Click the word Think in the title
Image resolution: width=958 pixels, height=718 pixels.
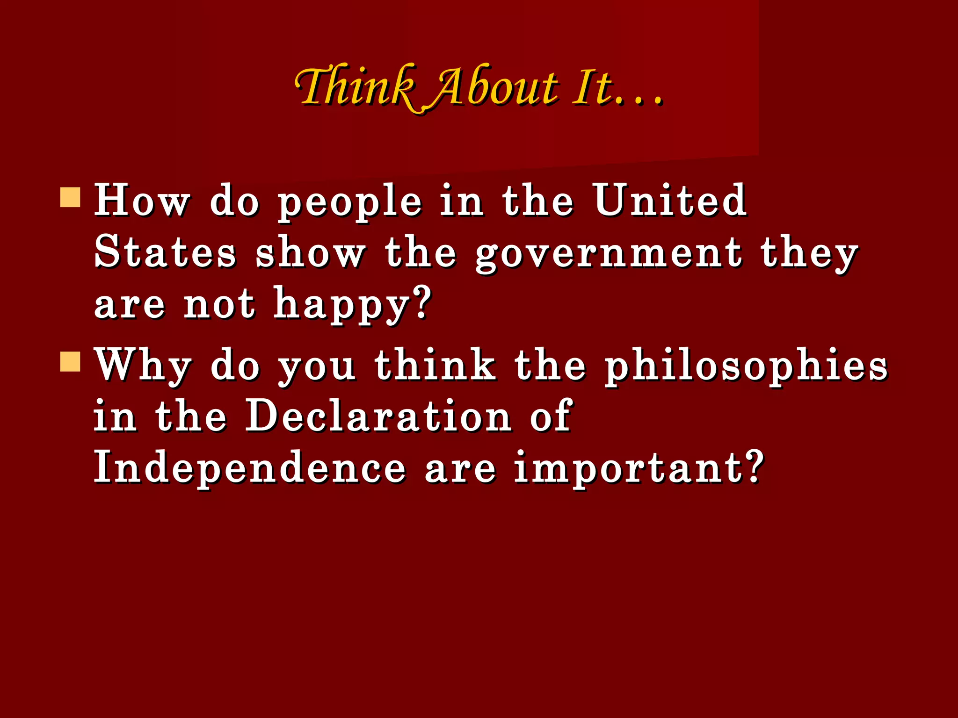[x=356, y=86]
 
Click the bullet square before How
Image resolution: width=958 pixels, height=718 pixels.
[x=71, y=197]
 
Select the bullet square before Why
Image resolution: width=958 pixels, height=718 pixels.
[x=71, y=361]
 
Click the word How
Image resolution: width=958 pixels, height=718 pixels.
[x=142, y=201]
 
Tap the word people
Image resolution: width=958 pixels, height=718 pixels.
[x=350, y=203]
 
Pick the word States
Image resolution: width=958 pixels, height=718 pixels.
[x=165, y=252]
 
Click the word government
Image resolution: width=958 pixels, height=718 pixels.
[x=609, y=255]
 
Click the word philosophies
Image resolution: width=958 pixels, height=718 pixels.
[x=746, y=367]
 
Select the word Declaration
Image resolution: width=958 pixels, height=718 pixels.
[x=378, y=416]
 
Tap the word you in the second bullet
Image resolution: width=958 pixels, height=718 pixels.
[x=317, y=369]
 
